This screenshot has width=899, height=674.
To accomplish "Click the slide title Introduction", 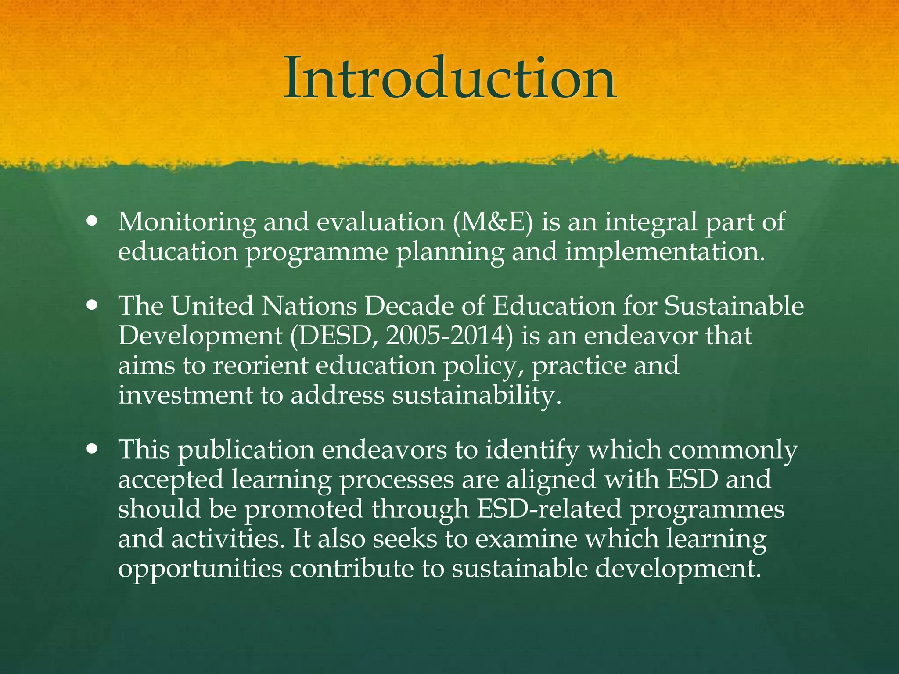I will tap(449, 79).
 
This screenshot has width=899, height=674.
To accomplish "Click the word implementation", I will tap(665, 252).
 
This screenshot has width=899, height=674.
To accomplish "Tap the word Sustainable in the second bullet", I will tap(734, 305).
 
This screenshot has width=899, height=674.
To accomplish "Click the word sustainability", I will tap(477, 395).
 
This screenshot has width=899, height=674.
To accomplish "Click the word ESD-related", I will tap(549, 509).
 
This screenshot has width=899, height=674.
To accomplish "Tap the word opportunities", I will tap(200, 569).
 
